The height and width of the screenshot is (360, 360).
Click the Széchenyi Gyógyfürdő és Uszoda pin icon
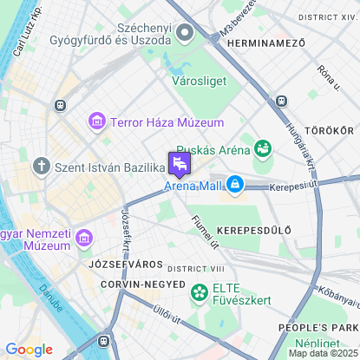[185, 33]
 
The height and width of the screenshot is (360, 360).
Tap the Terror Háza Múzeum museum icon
[97, 122]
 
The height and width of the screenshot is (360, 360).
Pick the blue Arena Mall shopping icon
[234, 185]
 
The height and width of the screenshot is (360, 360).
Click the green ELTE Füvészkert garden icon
[200, 291]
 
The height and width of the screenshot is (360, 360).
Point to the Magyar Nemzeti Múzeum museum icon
[85, 237]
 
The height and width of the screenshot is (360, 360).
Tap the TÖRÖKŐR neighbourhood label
[331, 130]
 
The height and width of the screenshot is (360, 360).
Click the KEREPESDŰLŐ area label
[253, 230]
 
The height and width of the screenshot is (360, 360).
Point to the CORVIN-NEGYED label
[142, 285]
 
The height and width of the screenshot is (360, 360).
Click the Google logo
[29, 350]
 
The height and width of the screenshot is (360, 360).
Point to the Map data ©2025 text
[323, 353]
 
